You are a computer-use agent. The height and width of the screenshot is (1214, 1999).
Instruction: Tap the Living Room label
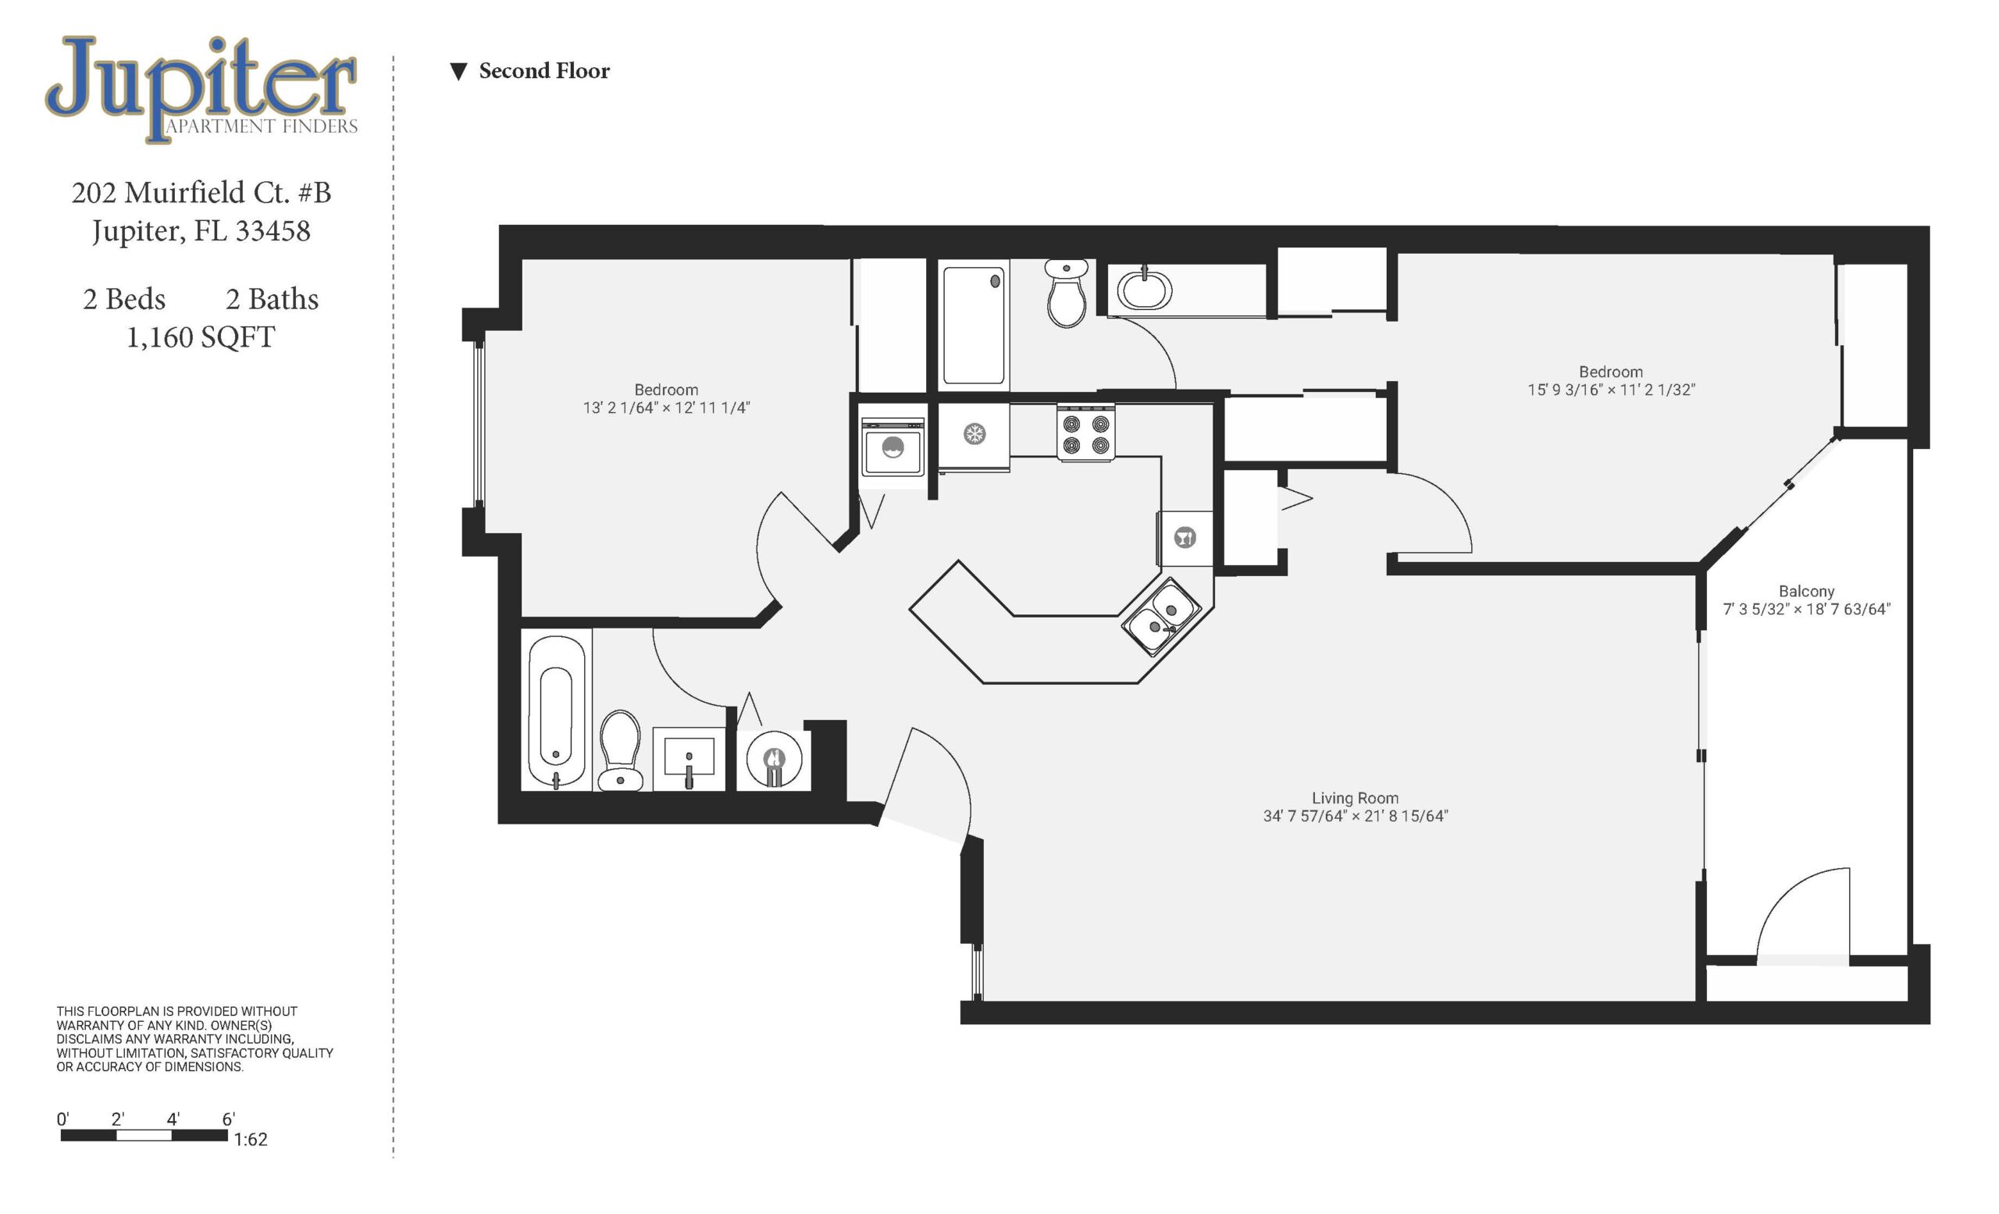click(1355, 798)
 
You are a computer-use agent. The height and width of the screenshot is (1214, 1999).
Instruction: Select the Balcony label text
click(1807, 591)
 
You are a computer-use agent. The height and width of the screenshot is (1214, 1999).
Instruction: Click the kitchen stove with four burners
click(1085, 434)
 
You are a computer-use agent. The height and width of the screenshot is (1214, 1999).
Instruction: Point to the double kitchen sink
click(1162, 616)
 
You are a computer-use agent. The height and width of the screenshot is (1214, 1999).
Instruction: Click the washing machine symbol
click(893, 447)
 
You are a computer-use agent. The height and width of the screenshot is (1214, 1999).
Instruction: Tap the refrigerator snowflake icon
click(975, 434)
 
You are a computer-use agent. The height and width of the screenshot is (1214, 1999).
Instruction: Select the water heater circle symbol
click(774, 760)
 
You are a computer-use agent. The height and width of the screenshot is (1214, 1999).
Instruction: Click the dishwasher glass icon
click(1185, 537)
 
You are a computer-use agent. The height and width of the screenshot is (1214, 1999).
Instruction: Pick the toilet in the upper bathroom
click(1067, 293)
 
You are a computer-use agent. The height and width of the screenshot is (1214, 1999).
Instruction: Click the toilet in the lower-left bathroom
click(621, 750)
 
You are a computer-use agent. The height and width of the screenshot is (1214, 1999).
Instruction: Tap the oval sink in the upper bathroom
click(1144, 289)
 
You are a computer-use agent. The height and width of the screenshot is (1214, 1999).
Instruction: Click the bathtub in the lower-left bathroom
click(556, 712)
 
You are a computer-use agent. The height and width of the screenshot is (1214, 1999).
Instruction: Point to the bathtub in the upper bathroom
click(974, 326)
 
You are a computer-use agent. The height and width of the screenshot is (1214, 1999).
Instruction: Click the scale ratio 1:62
click(251, 1139)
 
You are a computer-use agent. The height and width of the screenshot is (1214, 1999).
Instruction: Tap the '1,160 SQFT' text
click(201, 336)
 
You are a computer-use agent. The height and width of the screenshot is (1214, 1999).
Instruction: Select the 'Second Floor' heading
click(544, 70)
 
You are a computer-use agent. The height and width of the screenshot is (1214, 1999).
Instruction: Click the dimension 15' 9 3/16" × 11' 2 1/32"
click(1611, 390)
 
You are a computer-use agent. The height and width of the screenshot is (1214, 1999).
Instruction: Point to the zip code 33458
click(273, 230)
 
